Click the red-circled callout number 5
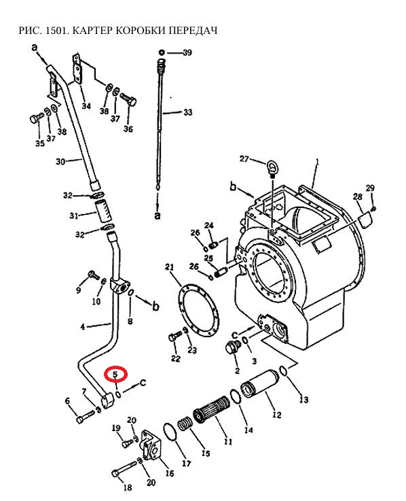click(x=115, y=374)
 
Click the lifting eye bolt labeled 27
click(x=272, y=169)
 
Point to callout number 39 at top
click(x=187, y=52)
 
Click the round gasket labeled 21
click(x=197, y=311)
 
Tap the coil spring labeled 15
click(x=185, y=424)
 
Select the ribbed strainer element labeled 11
click(x=211, y=410)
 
